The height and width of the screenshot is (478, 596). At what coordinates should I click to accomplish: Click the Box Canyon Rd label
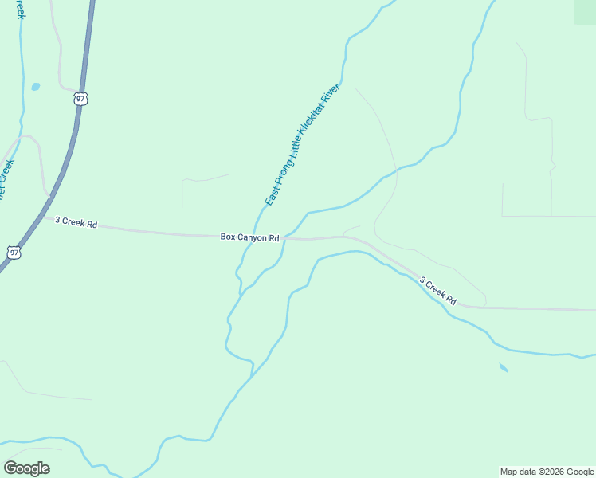click(249, 237)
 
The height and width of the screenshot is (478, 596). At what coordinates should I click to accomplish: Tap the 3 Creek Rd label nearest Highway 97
click(76, 223)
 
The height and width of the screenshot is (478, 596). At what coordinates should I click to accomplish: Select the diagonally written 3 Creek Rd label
click(437, 290)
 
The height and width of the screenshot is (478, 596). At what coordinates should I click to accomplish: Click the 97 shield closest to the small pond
click(80, 98)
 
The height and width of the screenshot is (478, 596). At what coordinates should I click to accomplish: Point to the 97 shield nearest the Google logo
click(14, 251)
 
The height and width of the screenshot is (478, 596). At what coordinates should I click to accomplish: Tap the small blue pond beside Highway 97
click(35, 86)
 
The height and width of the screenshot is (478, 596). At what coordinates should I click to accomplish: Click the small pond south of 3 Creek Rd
click(504, 367)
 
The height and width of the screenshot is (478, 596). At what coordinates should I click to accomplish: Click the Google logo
click(27, 468)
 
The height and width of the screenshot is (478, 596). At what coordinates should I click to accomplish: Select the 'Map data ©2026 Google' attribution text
click(547, 472)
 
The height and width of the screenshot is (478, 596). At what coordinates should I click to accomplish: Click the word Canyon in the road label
click(253, 237)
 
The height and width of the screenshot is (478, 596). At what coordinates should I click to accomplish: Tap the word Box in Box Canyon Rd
click(228, 237)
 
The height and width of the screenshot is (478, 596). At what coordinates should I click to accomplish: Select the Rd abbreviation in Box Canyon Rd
click(273, 238)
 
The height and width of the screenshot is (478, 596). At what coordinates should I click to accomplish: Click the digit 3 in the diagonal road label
click(422, 280)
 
